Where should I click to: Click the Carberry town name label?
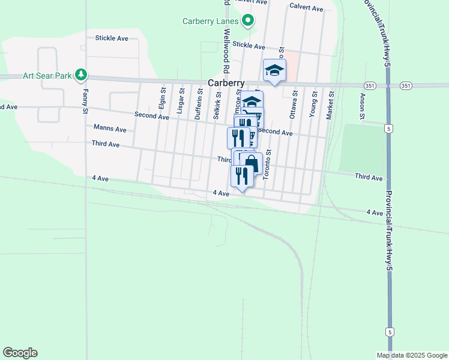[226, 83]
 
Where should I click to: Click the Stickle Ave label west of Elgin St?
[112, 38]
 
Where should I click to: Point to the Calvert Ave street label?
[306, 8]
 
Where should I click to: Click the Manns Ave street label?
[110, 128]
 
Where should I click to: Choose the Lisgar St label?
[181, 99]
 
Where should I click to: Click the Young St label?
[312, 99]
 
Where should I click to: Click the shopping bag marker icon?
[251, 163]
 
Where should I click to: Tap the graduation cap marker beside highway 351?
[274, 70]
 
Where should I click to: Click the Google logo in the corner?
[20, 353]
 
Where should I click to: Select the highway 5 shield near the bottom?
[390, 332]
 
